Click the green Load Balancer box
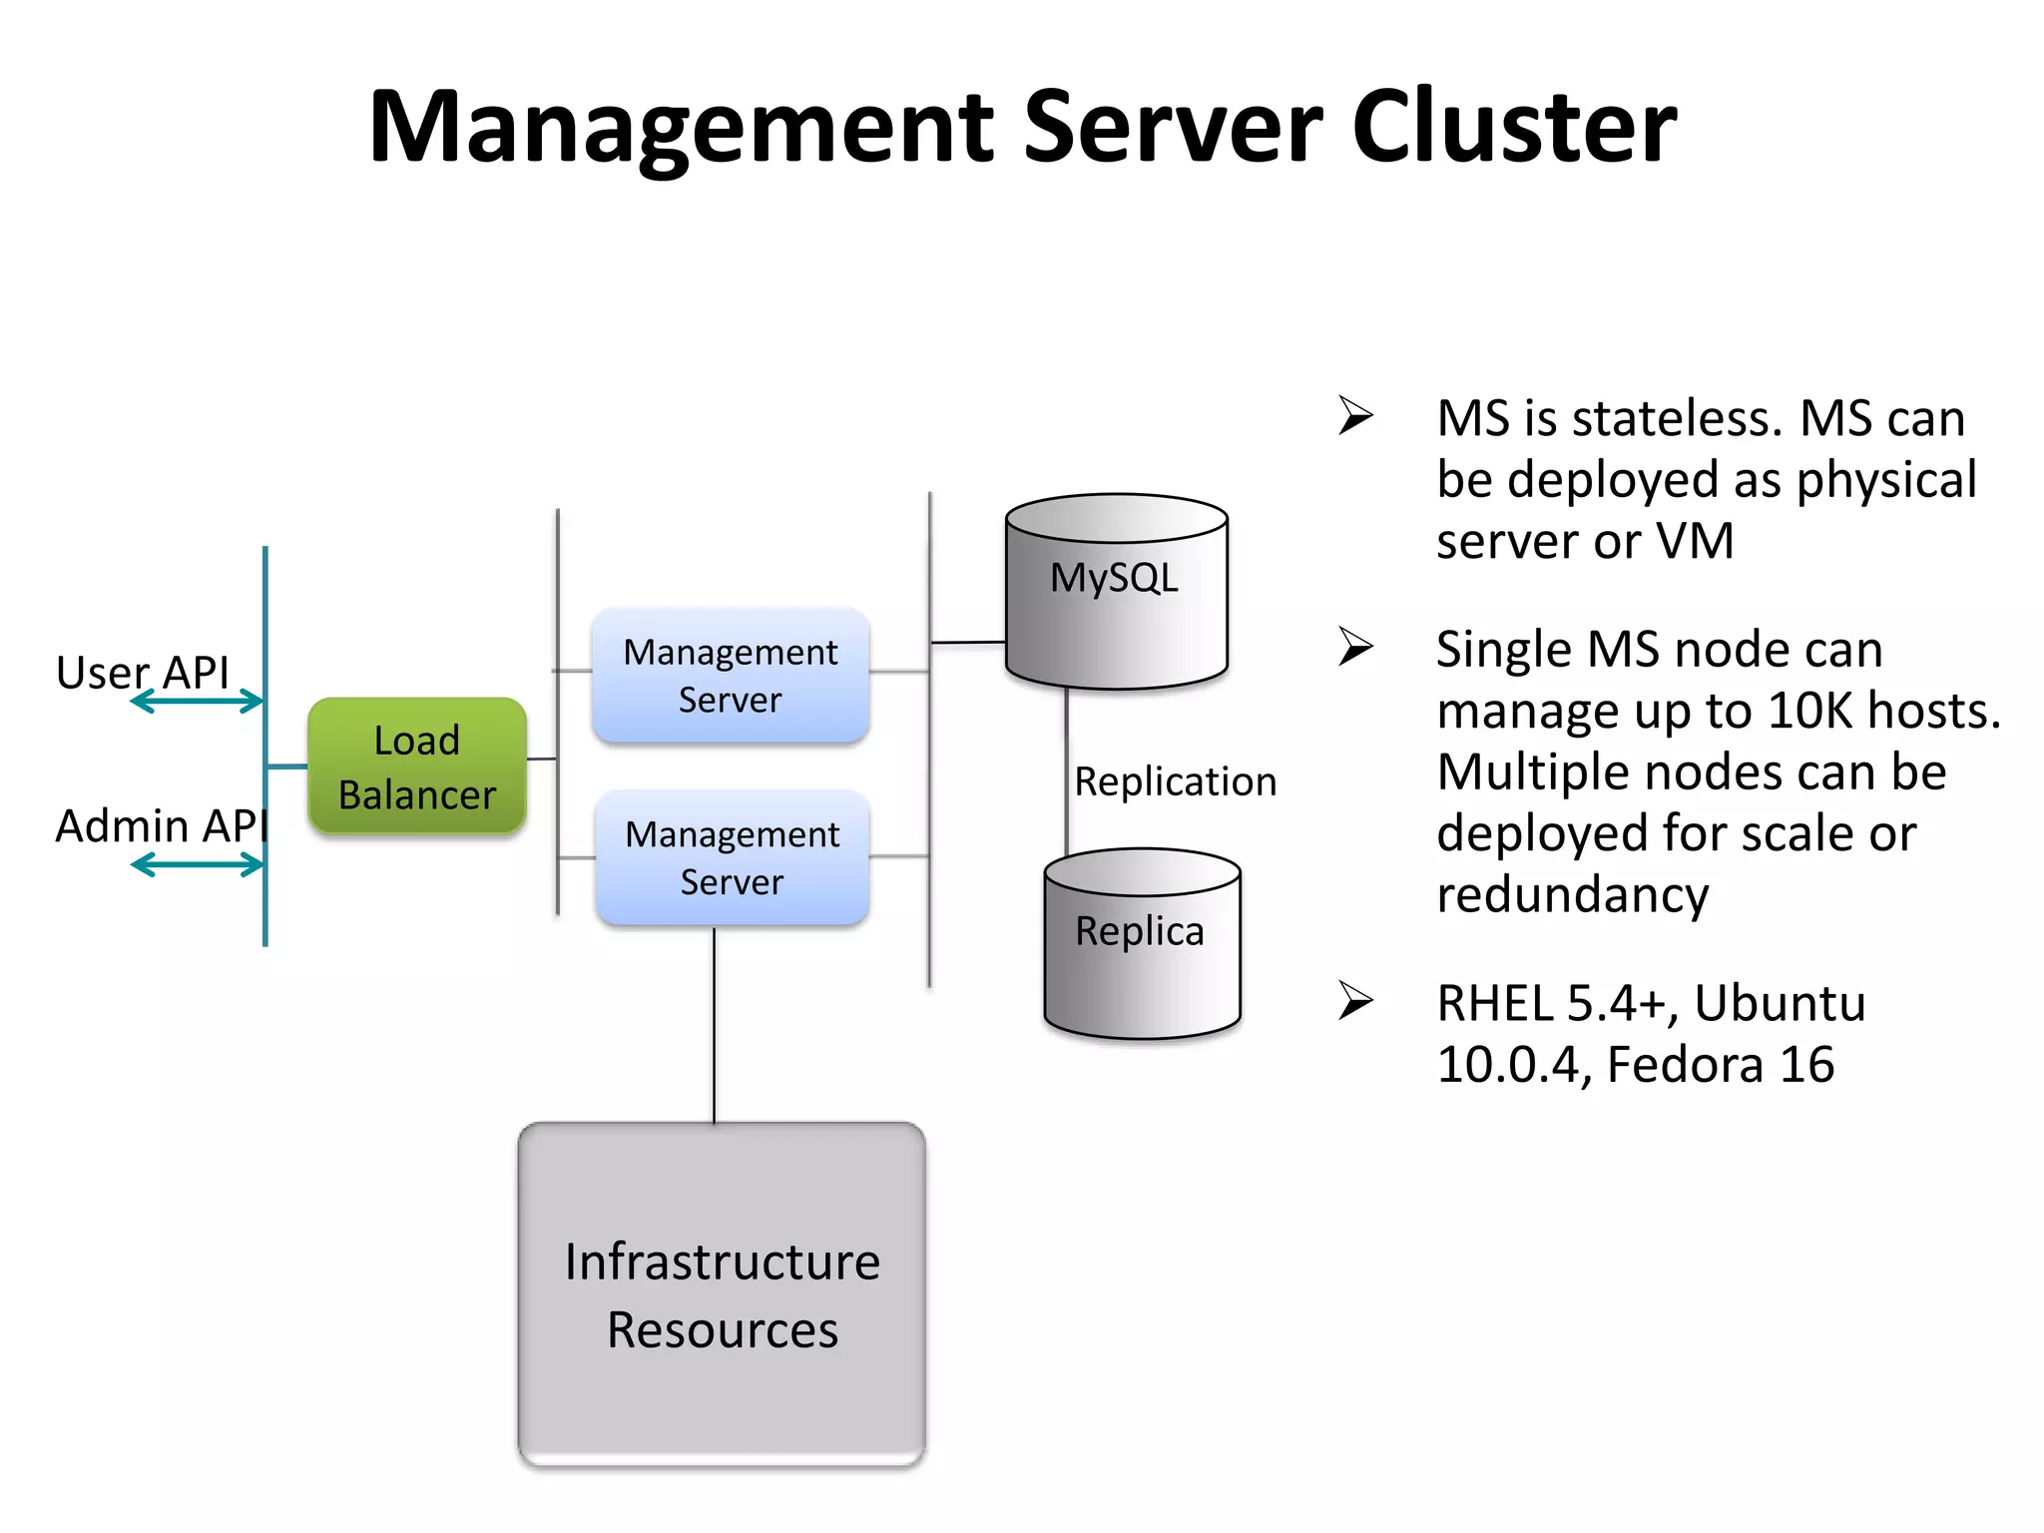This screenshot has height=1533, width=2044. [x=417, y=766]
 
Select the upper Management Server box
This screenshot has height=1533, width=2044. [x=731, y=676]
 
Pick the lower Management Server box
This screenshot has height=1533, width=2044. [x=732, y=857]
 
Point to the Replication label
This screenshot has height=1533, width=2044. [x=1175, y=781]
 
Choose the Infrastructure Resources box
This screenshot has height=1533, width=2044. [x=722, y=1294]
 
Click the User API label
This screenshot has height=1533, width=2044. [x=143, y=672]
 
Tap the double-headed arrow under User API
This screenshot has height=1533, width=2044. [x=197, y=703]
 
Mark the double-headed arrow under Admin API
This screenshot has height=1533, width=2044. [x=197, y=864]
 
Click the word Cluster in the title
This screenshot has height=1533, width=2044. [x=1514, y=127]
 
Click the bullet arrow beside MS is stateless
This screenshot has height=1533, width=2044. [x=1355, y=415]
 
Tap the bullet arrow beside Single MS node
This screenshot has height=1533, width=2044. [x=1355, y=647]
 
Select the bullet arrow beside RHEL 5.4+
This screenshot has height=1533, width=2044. [x=1355, y=1000]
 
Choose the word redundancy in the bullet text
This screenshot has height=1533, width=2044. [x=1572, y=895]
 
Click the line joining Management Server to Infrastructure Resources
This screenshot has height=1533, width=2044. [x=715, y=1025]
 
